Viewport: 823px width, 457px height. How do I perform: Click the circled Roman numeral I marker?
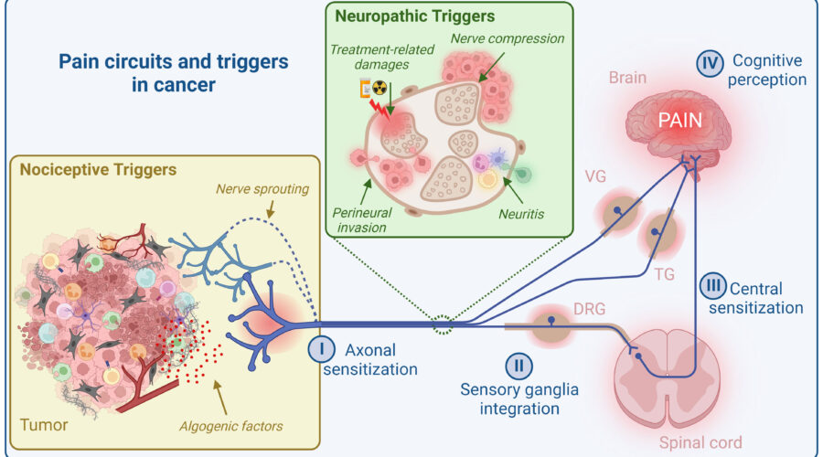click(321, 349)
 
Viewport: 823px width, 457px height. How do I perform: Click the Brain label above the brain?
click(629, 80)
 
